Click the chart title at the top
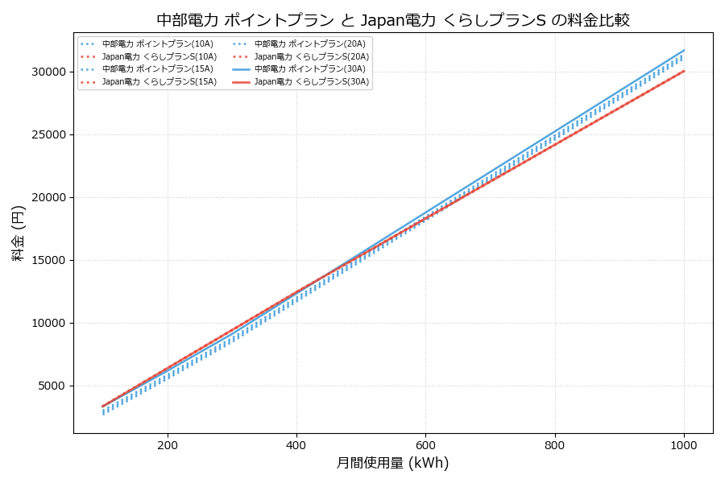point(392,19)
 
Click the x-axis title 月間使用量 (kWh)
point(392,463)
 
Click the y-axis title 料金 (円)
point(18,233)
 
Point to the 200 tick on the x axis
point(168,445)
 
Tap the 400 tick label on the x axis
point(296,445)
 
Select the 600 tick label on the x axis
point(425,445)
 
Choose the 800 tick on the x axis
point(555,445)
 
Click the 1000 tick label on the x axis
point(684,445)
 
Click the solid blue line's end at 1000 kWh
point(684,50)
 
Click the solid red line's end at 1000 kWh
point(684,71)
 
